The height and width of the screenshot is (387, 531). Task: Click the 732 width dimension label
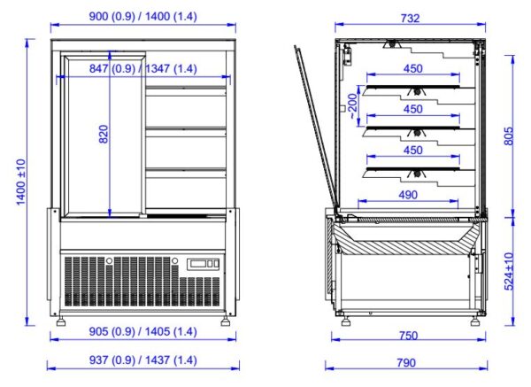pyautogui.click(x=410, y=18)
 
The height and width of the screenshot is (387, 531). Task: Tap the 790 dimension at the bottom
pyautogui.click(x=406, y=363)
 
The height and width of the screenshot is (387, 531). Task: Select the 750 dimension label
pyautogui.click(x=408, y=336)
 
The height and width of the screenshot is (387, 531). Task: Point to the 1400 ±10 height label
pyautogui.click(x=21, y=182)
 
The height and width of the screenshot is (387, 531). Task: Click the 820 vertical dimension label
pyautogui.click(x=104, y=135)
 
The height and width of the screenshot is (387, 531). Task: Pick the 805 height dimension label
pyautogui.click(x=508, y=136)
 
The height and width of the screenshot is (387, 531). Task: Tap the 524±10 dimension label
pyautogui.click(x=509, y=272)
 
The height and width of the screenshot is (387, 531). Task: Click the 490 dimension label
pyautogui.click(x=408, y=195)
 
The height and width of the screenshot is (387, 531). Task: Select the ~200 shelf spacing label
pyautogui.click(x=352, y=106)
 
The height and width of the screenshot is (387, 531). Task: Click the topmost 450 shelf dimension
pyautogui.click(x=413, y=68)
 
